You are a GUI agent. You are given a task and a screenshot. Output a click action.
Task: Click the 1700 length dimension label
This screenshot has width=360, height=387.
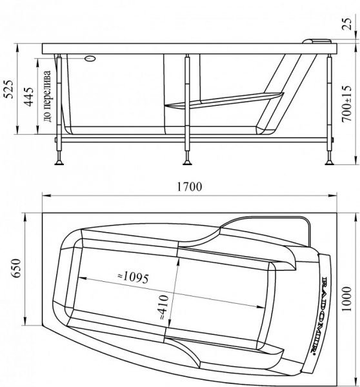190,186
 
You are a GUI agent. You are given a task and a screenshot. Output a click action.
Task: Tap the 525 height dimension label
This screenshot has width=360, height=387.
10,89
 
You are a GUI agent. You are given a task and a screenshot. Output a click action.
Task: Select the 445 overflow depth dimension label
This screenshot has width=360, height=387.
29,97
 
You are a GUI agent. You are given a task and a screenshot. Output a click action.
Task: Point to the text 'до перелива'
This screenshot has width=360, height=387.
48,96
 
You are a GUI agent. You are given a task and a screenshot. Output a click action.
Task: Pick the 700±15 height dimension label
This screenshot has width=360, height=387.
346,104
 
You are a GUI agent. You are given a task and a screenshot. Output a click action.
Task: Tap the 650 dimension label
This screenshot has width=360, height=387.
17,268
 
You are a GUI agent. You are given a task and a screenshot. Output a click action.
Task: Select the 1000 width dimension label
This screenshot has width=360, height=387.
346,299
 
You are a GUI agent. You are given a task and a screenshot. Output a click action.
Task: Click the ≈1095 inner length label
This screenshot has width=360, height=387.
133,277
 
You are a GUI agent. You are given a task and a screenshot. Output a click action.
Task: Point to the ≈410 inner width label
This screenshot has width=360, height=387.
164,307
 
